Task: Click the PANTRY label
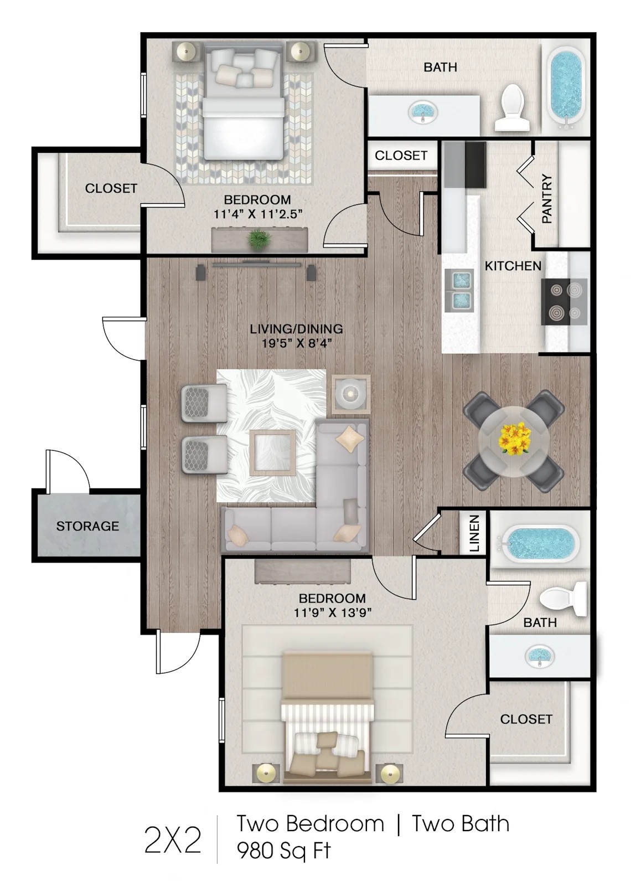547,199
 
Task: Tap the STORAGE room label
87,525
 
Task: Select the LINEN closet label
474,534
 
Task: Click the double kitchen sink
459,288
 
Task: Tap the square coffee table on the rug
272,453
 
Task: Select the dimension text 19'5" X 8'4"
297,343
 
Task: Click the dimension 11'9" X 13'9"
332,612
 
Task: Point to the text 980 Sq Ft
283,850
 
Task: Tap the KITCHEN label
513,266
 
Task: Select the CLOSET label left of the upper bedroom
111,188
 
